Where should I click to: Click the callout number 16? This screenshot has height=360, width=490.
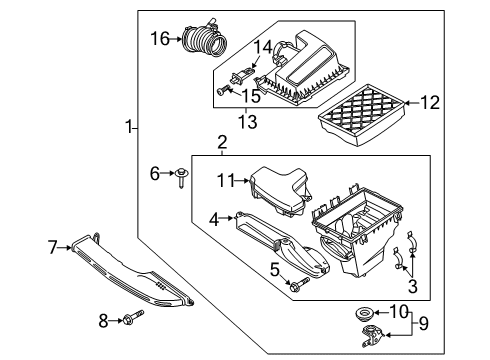tap(161, 38)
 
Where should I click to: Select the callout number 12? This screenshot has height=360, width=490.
tap(429, 101)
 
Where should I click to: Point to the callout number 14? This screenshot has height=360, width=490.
tap(262, 46)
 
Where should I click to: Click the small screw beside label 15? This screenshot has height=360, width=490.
tap(223, 91)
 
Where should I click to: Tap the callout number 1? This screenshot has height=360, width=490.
tap(128, 126)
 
